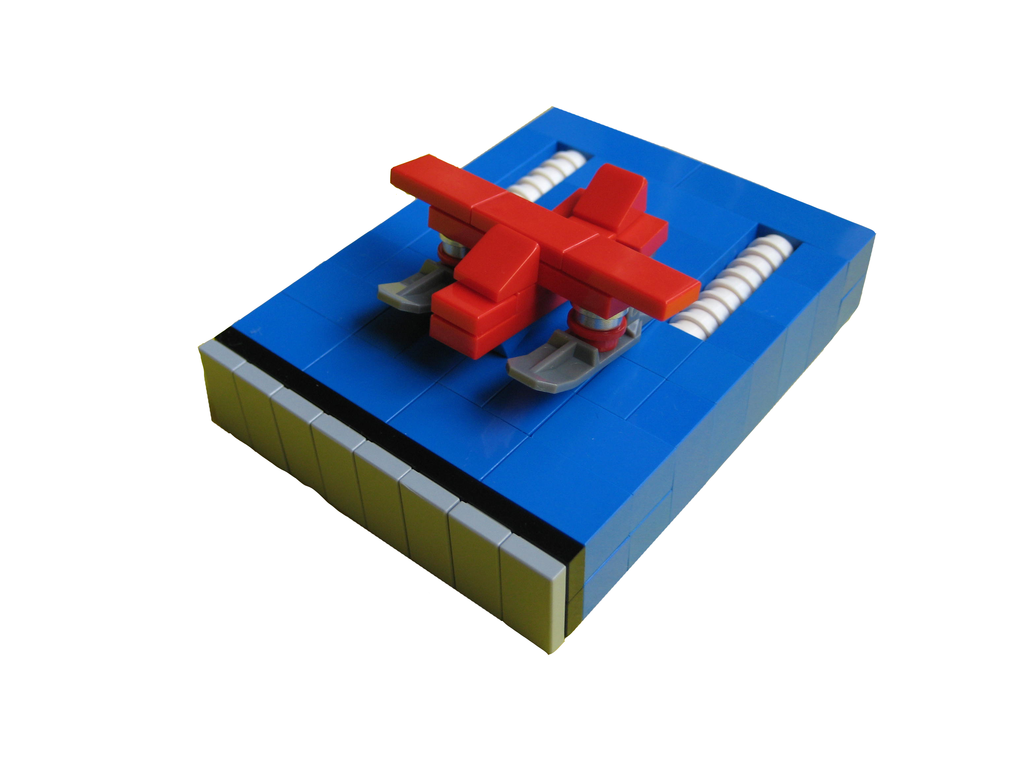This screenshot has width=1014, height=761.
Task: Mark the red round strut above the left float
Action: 446,252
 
